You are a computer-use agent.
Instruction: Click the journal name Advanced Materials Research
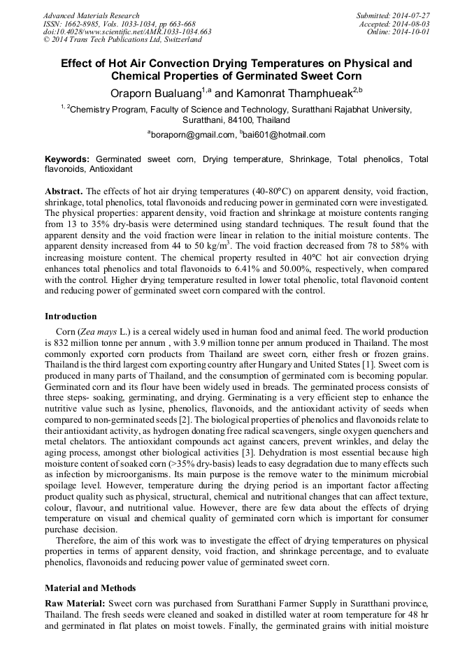92,15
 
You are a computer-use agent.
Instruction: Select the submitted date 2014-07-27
408,15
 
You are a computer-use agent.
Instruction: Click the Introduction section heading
71,316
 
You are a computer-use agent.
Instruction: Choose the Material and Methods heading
90,588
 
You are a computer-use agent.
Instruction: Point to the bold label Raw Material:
76,602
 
